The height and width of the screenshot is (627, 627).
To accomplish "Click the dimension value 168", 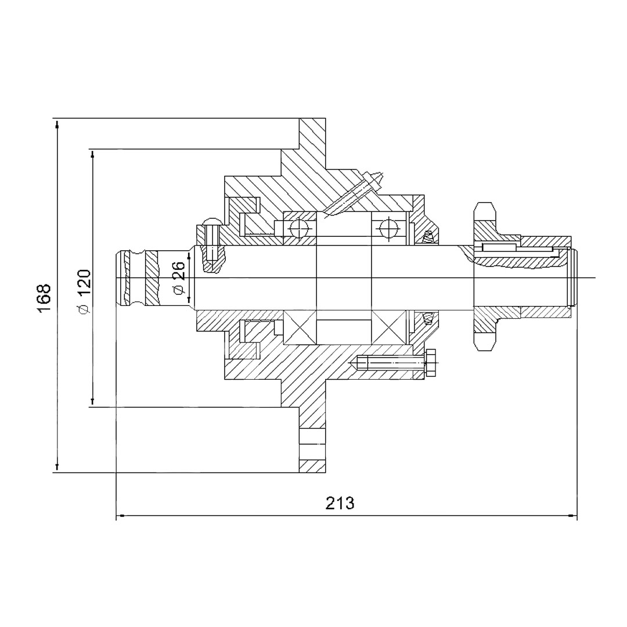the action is click(x=44, y=298).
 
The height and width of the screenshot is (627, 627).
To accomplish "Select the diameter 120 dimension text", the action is click(x=84, y=292).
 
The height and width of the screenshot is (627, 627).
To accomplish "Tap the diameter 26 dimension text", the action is click(x=178, y=278).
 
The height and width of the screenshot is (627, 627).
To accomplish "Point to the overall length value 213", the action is click(x=340, y=503).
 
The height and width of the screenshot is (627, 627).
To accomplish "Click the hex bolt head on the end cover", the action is click(x=431, y=363).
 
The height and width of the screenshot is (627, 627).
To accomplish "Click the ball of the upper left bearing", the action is click(x=300, y=229).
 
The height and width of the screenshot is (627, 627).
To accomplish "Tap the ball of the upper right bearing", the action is click(x=389, y=229).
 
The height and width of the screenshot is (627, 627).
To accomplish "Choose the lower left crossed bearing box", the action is click(x=300, y=327).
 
